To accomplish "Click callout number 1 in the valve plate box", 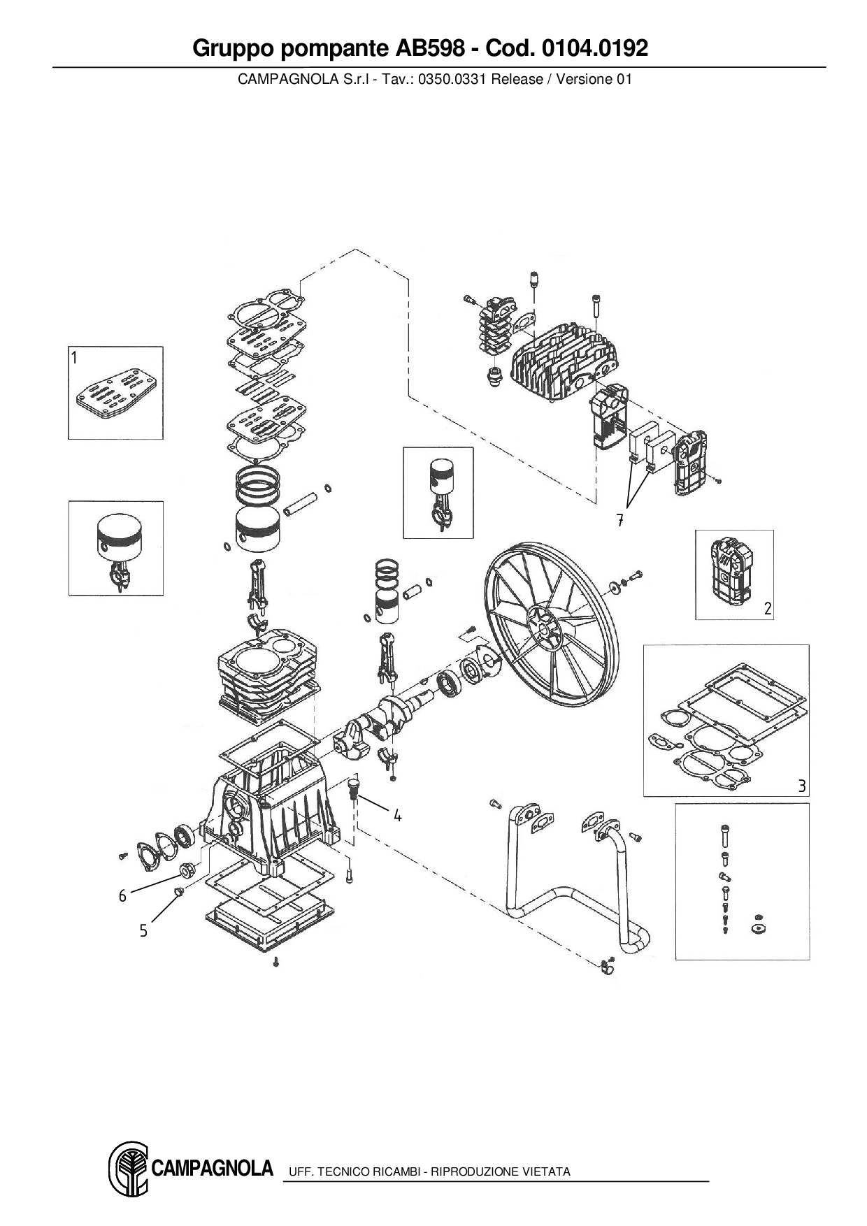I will coord(74,359).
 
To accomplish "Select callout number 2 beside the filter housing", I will coord(768,608).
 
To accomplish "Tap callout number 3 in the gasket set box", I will coord(802,786).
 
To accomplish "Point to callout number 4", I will coord(397,815).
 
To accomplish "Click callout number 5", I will coord(143,930).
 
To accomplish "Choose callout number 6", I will coord(122,896).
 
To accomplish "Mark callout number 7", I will coord(619,520).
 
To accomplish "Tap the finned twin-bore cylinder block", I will coord(266,675).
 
